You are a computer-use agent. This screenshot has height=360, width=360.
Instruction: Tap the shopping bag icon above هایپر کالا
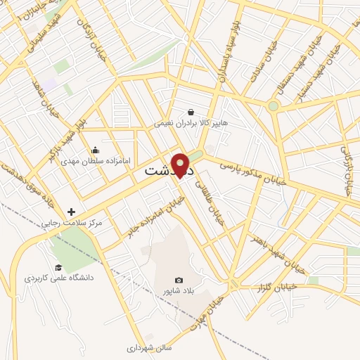191,112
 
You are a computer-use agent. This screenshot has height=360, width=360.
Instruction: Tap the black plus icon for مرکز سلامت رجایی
71,212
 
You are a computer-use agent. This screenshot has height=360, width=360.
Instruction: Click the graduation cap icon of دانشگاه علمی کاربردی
58,267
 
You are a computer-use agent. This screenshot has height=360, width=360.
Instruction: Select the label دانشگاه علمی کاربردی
60,278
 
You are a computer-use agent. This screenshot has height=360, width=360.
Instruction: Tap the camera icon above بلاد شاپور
178,280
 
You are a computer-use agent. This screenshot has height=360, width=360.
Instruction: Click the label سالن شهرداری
149,347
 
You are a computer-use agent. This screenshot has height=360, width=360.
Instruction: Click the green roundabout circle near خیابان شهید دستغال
273,106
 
